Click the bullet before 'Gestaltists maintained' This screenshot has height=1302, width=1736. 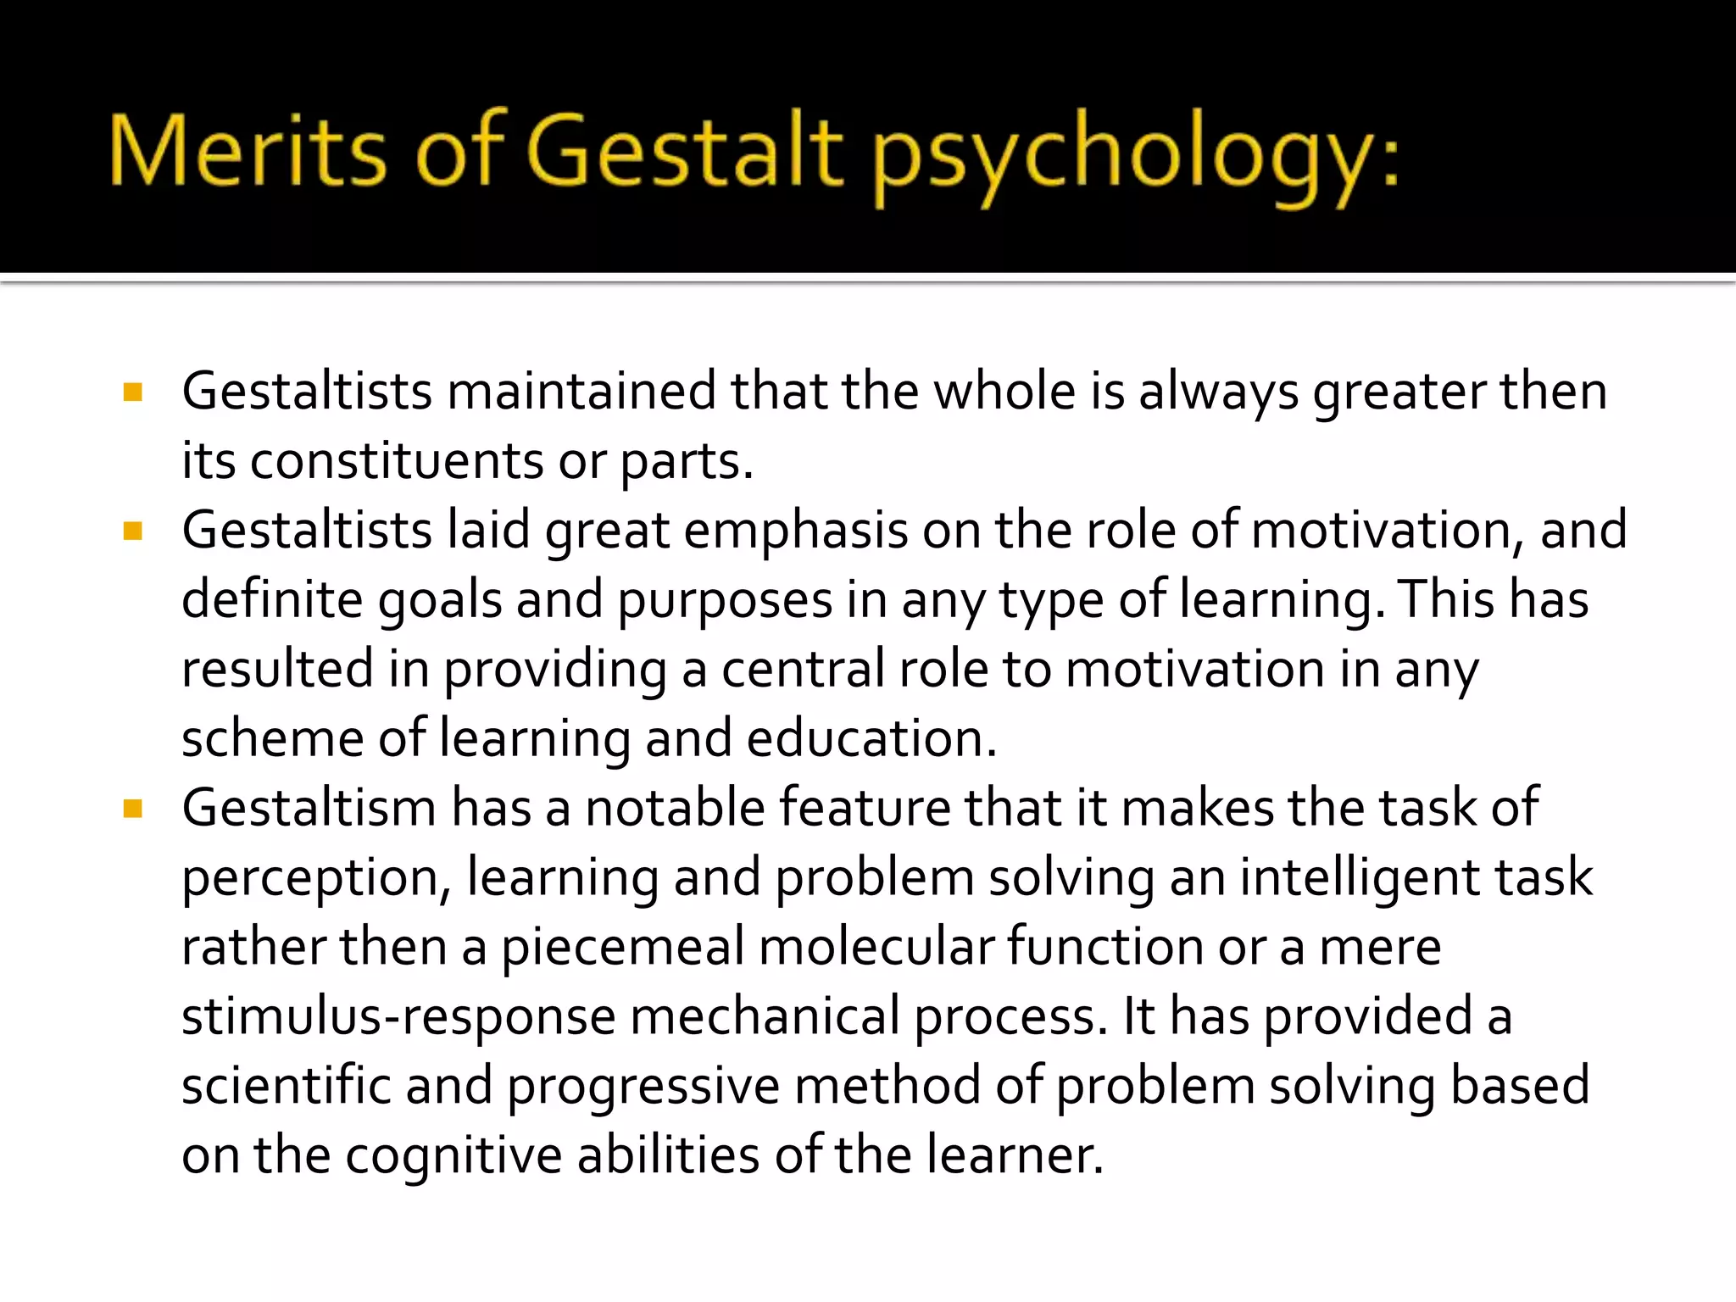tap(133, 392)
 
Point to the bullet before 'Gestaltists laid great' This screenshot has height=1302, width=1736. tap(133, 531)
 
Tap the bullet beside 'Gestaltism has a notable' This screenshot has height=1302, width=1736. tap(133, 809)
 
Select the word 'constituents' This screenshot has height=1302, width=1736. tap(397, 462)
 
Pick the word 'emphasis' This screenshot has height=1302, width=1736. tap(796, 531)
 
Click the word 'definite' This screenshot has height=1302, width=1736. tap(272, 600)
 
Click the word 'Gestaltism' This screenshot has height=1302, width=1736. tap(309, 808)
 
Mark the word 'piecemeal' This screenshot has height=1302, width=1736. tap(622, 948)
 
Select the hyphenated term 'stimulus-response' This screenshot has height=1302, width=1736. tap(398, 1017)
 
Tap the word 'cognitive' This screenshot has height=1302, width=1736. tap(453, 1156)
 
